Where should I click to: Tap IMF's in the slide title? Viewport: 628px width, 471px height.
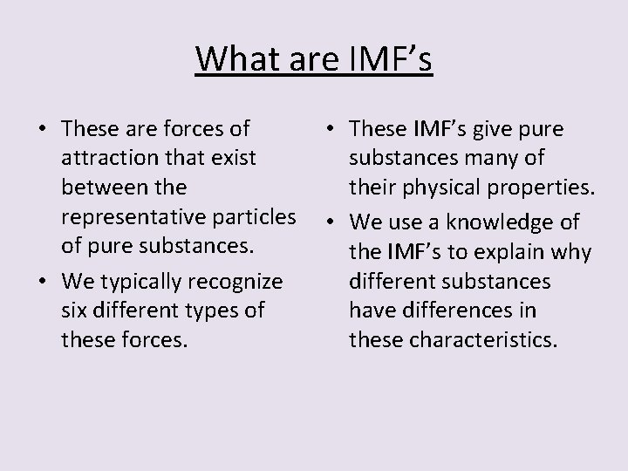[x=389, y=58]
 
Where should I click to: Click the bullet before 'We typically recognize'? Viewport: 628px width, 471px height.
[x=43, y=283]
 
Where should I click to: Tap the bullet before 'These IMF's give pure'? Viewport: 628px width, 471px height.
[x=331, y=130]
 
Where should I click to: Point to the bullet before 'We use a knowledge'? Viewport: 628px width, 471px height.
[x=331, y=224]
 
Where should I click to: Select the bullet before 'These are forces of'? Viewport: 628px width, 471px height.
[x=43, y=130]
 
